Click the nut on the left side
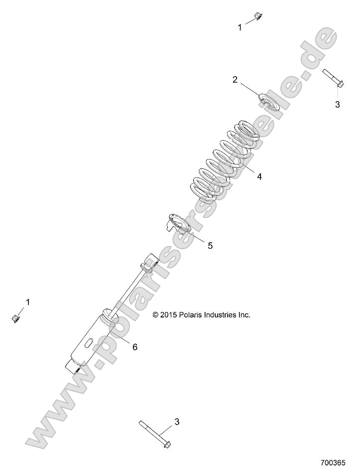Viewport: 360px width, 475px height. point(15,317)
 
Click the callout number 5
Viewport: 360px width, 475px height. point(210,245)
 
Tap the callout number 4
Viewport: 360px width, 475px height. point(259,176)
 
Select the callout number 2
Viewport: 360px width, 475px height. point(235,80)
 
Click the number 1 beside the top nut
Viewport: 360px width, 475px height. point(240,27)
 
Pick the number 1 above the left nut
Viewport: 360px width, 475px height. point(28,302)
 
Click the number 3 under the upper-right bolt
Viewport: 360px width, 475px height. point(337,105)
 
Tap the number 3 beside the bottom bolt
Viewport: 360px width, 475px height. point(177,422)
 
